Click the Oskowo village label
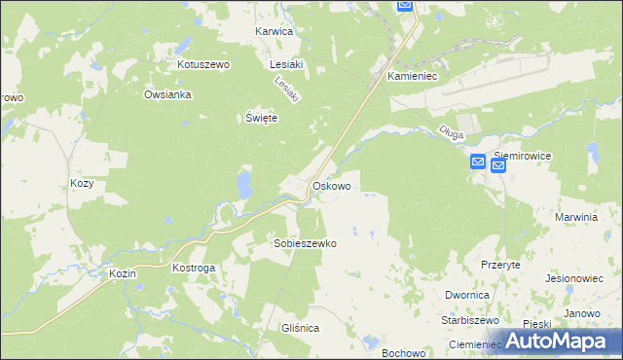click(331, 185)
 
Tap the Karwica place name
click(274, 31)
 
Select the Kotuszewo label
click(202, 64)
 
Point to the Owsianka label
click(167, 94)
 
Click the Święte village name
click(261, 118)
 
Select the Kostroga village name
click(193, 267)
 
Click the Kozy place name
click(83, 183)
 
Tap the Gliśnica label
click(298, 329)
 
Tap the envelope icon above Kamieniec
click(406, 6)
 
